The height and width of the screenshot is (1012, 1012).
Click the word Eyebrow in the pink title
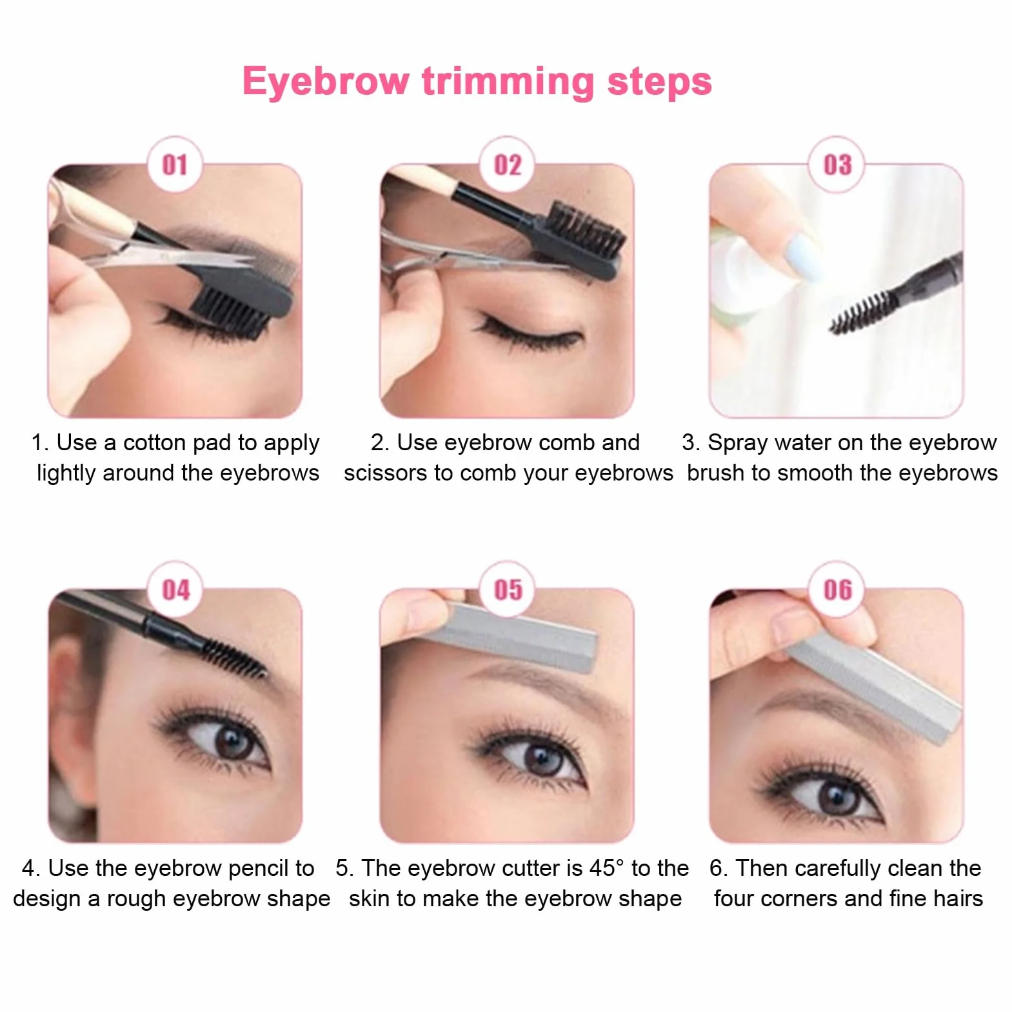326,83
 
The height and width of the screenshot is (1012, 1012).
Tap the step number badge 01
175,164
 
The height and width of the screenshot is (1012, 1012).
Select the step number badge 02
508,164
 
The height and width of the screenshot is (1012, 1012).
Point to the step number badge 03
837,164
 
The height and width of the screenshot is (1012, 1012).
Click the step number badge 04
175,590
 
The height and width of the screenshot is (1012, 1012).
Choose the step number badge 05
508,590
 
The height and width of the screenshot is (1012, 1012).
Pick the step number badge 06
837,590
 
